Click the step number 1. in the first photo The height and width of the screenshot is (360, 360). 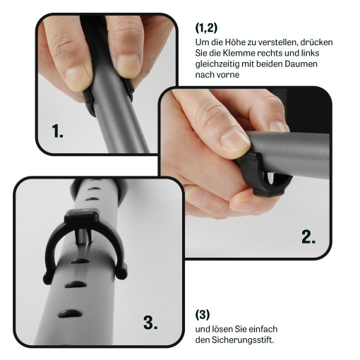(x=57, y=131)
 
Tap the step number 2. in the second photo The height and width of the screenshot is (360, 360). (x=308, y=236)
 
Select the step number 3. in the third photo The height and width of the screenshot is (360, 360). (x=150, y=323)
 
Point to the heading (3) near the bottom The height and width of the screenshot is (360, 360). (x=203, y=314)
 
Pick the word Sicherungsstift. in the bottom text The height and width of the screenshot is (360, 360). (x=243, y=340)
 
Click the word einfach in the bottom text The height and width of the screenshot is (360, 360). (x=263, y=329)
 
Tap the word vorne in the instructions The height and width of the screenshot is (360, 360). (x=228, y=75)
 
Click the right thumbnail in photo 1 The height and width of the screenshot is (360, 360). (x=128, y=66)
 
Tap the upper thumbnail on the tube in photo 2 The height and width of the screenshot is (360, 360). (x=235, y=140)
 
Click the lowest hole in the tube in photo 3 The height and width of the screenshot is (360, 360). (x=71, y=313)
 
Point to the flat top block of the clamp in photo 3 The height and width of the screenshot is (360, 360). (x=81, y=217)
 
